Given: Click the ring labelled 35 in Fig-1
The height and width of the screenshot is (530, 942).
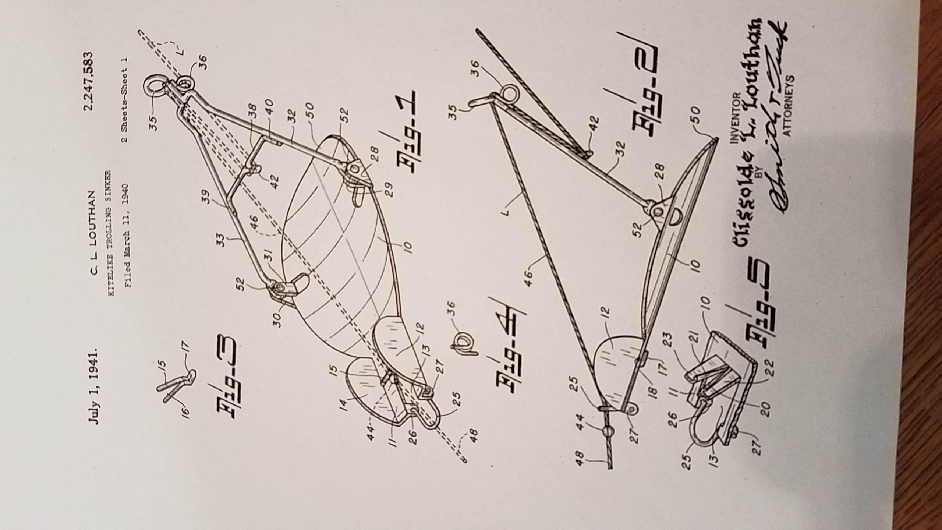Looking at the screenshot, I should [154, 87].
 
